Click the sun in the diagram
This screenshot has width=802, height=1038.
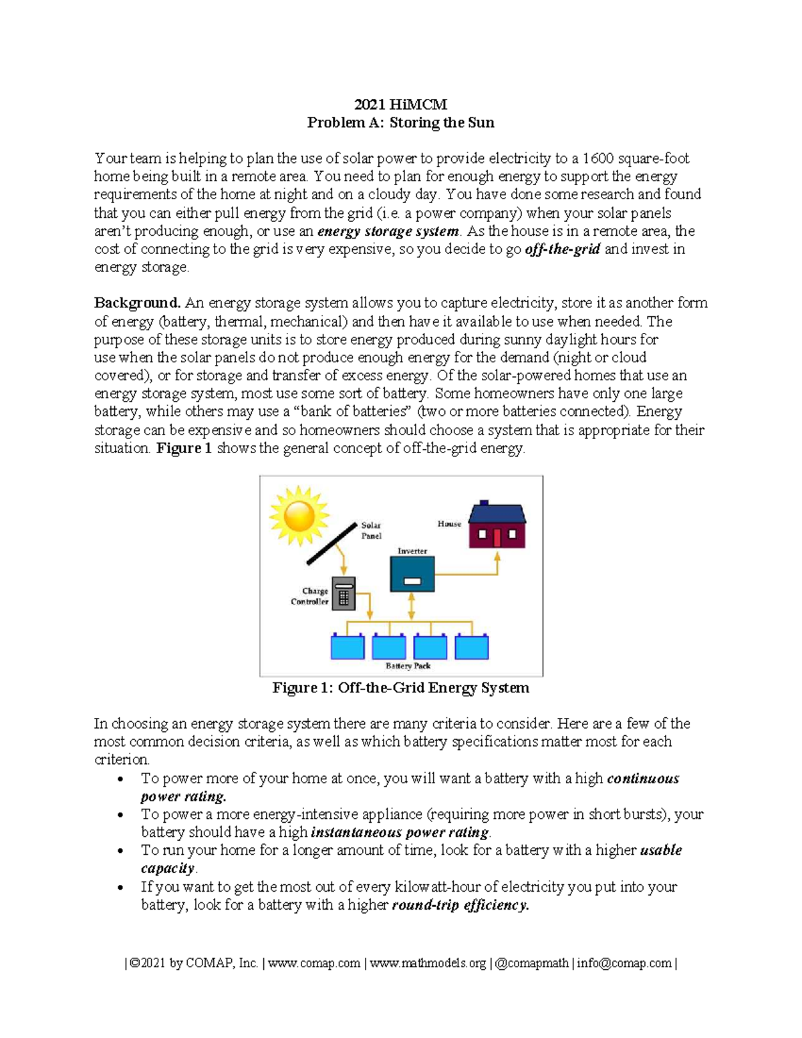(299, 515)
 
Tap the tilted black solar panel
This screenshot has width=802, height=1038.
(331, 543)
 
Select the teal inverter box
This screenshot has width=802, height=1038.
(412, 574)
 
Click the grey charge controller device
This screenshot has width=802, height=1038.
(344, 594)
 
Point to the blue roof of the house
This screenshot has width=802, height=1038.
(497, 513)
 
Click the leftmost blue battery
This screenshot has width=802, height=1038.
(348, 647)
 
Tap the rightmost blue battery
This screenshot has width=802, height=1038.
(472, 647)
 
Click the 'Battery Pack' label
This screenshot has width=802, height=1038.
(408, 666)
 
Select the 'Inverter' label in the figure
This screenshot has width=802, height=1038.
(412, 551)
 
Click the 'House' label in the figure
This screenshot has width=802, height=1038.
(449, 524)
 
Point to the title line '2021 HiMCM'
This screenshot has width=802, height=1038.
(401, 104)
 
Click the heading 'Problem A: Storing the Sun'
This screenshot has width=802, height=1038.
(401, 122)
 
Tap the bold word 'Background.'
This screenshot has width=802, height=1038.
(137, 303)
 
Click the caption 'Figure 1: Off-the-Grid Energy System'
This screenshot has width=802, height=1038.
(401, 688)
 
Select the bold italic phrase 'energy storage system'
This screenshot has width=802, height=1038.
(388, 231)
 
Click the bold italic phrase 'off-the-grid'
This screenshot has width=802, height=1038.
(563, 249)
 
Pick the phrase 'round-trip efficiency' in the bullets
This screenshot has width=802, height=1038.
(460, 905)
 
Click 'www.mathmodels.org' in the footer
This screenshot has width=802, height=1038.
(428, 963)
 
